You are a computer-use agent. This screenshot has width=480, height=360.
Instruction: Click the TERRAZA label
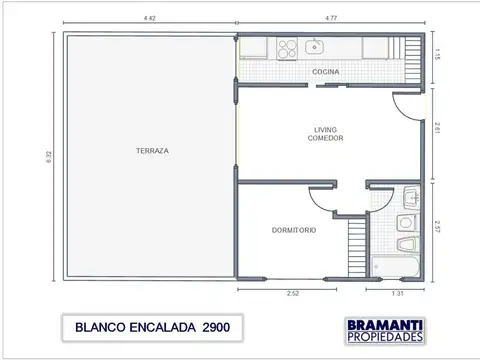[152, 151]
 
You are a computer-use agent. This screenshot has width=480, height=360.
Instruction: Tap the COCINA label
[326, 73]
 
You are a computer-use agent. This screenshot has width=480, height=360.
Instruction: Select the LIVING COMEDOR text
[326, 133]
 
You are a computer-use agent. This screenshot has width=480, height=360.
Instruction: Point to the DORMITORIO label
[294, 230]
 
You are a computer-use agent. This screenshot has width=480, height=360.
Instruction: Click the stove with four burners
[287, 46]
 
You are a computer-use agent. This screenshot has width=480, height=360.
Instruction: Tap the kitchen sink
[315, 45]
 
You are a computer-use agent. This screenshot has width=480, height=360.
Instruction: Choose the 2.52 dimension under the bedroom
[292, 294]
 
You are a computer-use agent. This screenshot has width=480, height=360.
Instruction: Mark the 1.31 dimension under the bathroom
[398, 294]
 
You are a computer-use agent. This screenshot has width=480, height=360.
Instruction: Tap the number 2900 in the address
[221, 327]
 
